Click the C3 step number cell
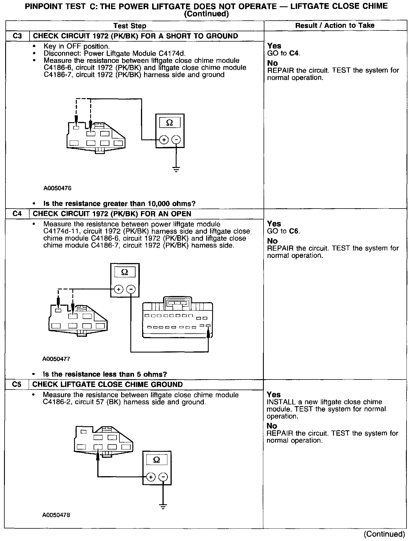pyautogui.click(x=18, y=36)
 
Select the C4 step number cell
pyautogui.click(x=17, y=214)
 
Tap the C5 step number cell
pyautogui.click(x=17, y=384)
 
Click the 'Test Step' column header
pyautogui.click(x=130, y=26)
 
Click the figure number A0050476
pyautogui.click(x=57, y=188)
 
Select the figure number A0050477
pyautogui.click(x=56, y=359)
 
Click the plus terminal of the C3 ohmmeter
pyautogui.click(x=164, y=140)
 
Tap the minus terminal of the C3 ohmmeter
pyautogui.click(x=176, y=140)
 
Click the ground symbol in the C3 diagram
pyautogui.click(x=176, y=169)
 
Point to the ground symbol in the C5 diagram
pyautogui.click(x=163, y=507)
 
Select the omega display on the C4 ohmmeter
pyautogui.click(x=125, y=272)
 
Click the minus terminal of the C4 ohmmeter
pyautogui.click(x=131, y=289)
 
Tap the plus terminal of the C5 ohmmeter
pyautogui.click(x=151, y=477)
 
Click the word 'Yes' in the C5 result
pyautogui.click(x=274, y=394)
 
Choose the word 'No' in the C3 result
pyautogui.click(x=272, y=63)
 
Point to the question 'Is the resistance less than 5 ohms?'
pyautogui.click(x=105, y=374)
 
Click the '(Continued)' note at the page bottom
pyautogui.click(x=384, y=534)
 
